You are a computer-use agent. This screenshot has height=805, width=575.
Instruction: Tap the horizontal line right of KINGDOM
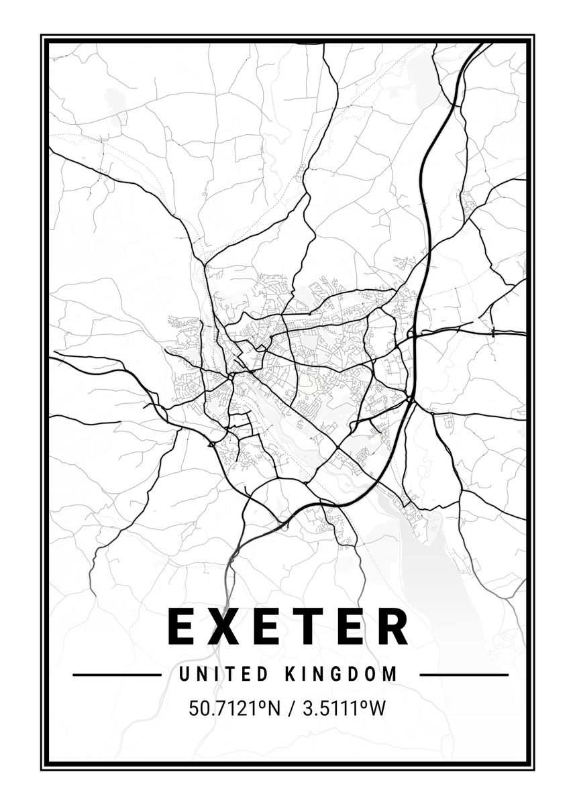click(464, 675)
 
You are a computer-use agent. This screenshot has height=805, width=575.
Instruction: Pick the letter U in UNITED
click(184, 674)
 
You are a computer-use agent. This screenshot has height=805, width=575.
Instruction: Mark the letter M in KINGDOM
click(390, 674)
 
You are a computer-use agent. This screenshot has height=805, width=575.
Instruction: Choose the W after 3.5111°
click(378, 708)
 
